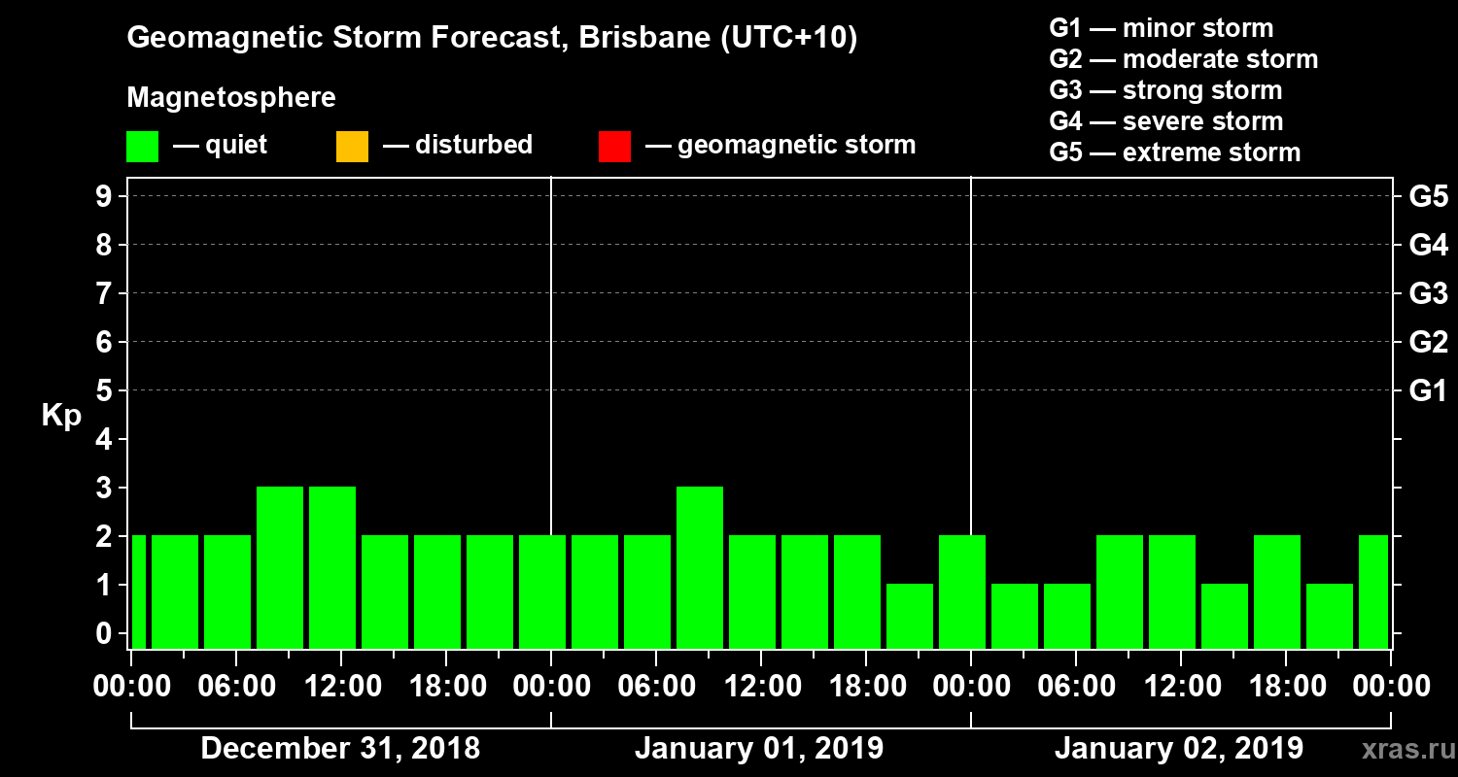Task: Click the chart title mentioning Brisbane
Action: tap(492, 39)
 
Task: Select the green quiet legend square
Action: tap(142, 146)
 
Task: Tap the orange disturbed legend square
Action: tap(352, 146)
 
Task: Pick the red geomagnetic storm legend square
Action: tap(614, 146)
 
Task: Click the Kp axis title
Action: tap(61, 416)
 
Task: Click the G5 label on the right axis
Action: tap(1428, 197)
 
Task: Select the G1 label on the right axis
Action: tap(1428, 391)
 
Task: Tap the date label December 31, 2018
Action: tap(340, 749)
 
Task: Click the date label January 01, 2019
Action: tap(759, 749)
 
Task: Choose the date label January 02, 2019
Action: tap(1178, 749)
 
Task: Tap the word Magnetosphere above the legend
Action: tap(231, 98)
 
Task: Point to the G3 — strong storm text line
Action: tap(1165, 90)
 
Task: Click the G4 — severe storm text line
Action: tap(1165, 121)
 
